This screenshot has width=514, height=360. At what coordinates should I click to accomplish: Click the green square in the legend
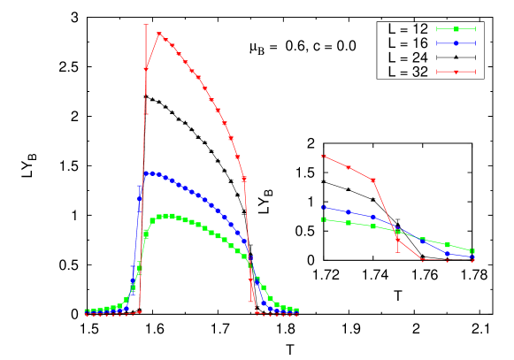point(456,29)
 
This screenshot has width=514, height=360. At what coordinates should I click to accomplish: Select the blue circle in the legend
point(456,42)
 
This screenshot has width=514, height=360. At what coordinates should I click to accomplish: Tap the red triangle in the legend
point(456,72)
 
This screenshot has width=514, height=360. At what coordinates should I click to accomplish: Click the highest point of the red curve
point(159,34)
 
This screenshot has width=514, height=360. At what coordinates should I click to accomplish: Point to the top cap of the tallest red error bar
point(146,24)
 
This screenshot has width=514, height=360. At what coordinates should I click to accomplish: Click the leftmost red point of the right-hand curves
point(324,157)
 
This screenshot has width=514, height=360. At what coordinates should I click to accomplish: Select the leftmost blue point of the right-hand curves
point(324,207)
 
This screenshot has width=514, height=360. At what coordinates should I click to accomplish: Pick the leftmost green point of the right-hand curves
point(324,219)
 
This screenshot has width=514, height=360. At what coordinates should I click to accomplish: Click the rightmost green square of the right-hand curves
point(472,251)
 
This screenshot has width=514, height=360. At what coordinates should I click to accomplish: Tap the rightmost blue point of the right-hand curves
point(472,257)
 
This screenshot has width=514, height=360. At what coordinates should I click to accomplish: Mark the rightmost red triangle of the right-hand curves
point(472,260)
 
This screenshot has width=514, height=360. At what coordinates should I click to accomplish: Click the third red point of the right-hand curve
point(373,180)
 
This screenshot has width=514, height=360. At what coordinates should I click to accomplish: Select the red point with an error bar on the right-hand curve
point(398,240)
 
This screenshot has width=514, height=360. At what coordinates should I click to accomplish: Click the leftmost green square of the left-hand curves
point(86,311)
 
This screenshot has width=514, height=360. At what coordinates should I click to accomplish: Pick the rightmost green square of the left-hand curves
point(296,310)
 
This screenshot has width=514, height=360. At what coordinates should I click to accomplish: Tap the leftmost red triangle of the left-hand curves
point(86,315)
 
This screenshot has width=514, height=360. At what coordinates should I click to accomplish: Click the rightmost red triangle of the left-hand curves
point(296,314)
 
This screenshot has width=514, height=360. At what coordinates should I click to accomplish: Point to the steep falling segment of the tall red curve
point(248,239)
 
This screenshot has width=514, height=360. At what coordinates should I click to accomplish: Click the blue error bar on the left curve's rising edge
point(139,198)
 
